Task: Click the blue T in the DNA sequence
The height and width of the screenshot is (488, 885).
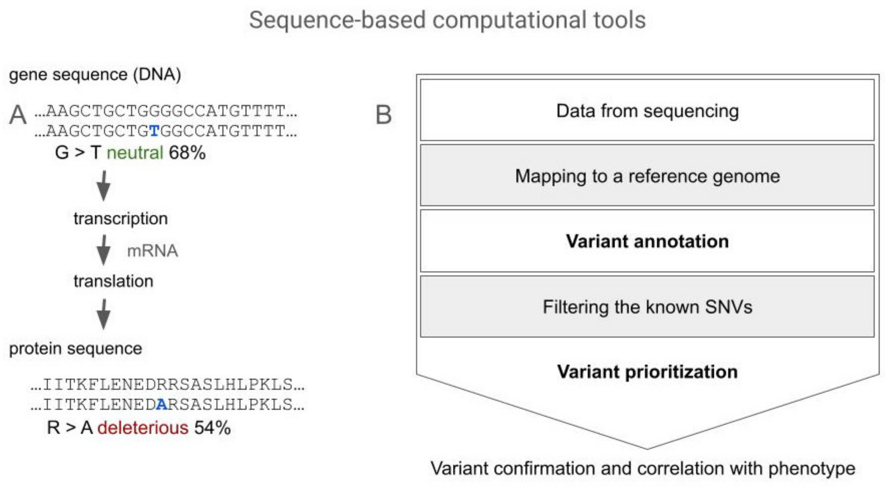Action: [155, 131]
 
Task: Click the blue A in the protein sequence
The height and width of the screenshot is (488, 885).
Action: [162, 405]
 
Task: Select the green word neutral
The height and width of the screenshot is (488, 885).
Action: [135, 153]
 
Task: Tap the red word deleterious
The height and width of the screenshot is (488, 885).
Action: [143, 428]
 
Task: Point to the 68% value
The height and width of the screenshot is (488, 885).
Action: [187, 153]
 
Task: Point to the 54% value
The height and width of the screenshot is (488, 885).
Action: [212, 428]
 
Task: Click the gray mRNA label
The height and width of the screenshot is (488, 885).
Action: [153, 251]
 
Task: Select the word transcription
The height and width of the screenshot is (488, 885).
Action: [121, 219]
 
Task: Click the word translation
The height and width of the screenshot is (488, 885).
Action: [113, 281]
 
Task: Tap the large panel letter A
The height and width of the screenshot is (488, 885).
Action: [18, 115]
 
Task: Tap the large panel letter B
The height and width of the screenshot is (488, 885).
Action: [383, 115]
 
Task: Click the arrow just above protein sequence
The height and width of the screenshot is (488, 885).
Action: [104, 314]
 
